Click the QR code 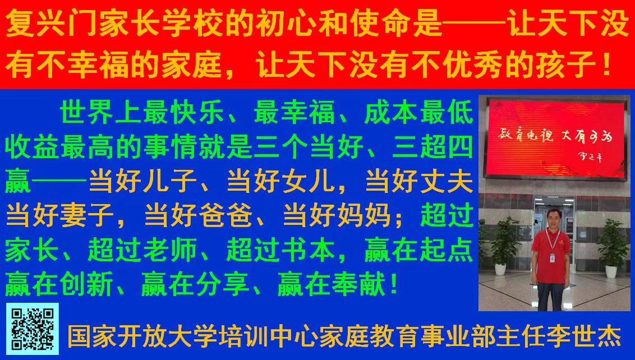coord(32,329)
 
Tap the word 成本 coord(391,112)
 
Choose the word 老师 coord(170,250)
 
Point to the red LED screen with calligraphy coord(554,138)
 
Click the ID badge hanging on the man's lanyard coord(551,257)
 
